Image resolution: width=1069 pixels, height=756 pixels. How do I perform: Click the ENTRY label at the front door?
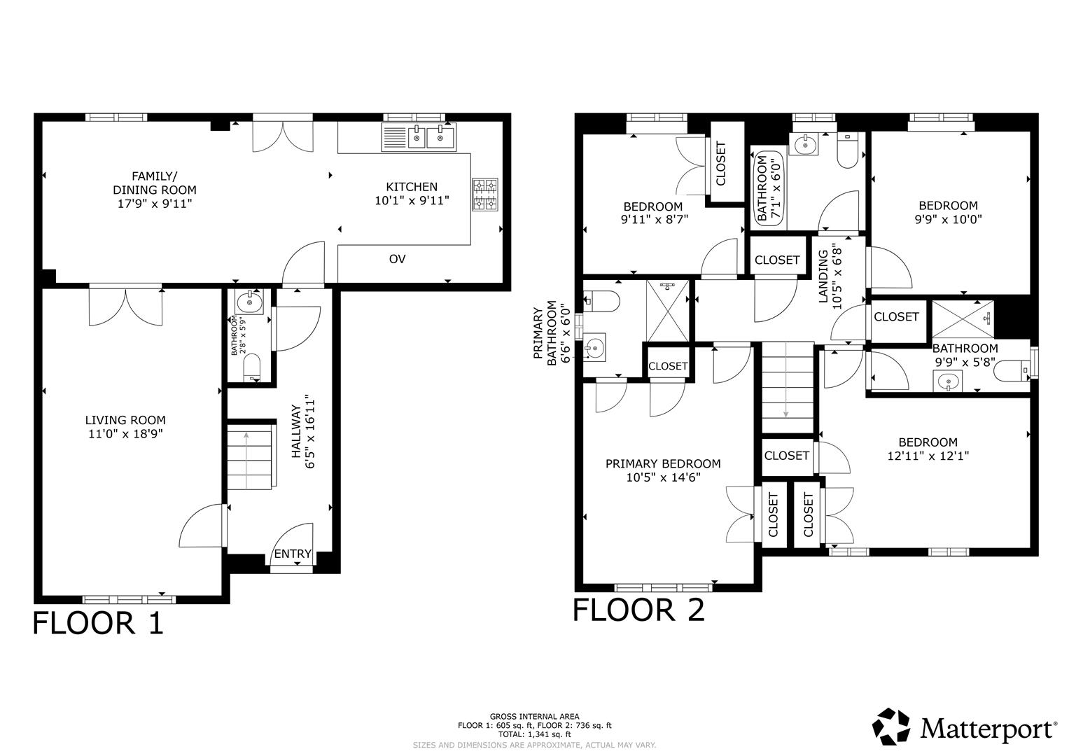click(x=293, y=554)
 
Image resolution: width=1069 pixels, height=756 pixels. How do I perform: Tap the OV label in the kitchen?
click(x=397, y=259)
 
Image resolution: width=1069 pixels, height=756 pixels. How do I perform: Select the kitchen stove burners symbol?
click(x=485, y=194)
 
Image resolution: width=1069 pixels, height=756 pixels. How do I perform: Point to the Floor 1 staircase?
click(x=248, y=455)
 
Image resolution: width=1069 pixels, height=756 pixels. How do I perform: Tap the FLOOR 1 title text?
click(x=98, y=622)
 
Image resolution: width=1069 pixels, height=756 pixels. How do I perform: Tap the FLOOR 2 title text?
click(x=638, y=610)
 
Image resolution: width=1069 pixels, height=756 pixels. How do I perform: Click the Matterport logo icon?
click(x=891, y=727)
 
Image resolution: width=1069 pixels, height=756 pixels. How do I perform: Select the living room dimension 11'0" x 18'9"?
click(x=125, y=434)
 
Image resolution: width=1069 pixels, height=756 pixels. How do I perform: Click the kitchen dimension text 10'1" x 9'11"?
click(x=412, y=200)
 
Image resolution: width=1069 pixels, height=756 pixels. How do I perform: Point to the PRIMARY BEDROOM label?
click(x=662, y=463)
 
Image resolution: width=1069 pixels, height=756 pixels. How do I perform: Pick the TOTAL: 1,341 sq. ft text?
click(x=534, y=735)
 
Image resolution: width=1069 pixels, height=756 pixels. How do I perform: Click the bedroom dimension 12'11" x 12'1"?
click(x=928, y=456)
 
